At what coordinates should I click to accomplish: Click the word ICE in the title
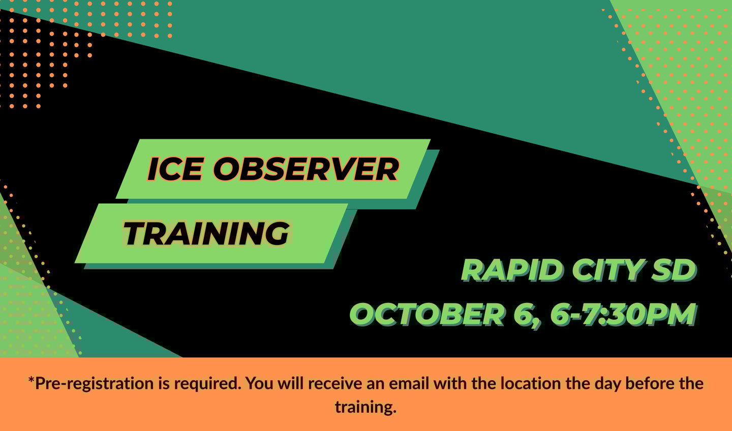point(175,169)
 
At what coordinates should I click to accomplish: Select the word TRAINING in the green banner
point(206,233)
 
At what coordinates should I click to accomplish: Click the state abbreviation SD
point(674,270)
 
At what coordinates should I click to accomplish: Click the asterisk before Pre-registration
point(32,380)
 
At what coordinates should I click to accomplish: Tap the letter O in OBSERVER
point(227,169)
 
